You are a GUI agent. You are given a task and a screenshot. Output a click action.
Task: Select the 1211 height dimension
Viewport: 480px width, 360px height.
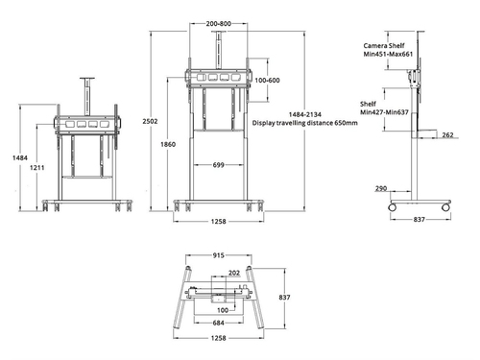[x=36, y=169]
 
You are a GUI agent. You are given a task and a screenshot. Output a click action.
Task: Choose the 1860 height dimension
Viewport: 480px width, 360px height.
[x=168, y=144]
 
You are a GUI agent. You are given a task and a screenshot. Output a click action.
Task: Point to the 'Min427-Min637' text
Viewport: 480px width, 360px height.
[x=385, y=111]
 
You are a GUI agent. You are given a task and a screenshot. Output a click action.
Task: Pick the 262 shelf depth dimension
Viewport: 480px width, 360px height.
[x=448, y=135]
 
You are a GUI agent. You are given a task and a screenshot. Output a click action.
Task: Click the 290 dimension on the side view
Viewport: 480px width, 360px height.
[x=381, y=189]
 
